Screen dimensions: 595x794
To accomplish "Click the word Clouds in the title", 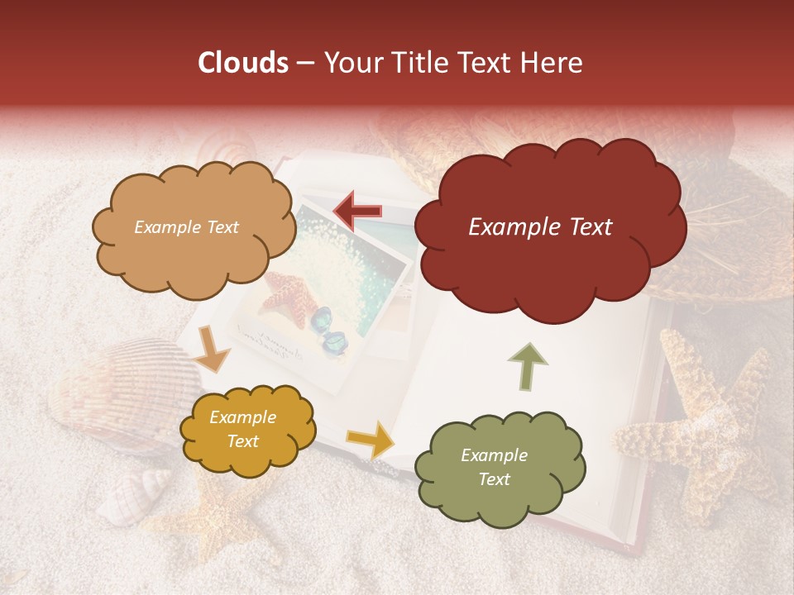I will [243, 63].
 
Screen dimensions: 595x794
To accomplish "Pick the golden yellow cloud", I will [247, 429].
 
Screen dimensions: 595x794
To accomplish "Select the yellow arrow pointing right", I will [371, 439].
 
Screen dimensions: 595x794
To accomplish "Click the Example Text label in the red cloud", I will [540, 227].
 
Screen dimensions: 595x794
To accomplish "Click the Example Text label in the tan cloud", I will [186, 227].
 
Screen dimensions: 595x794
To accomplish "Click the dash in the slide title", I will [305, 64].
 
